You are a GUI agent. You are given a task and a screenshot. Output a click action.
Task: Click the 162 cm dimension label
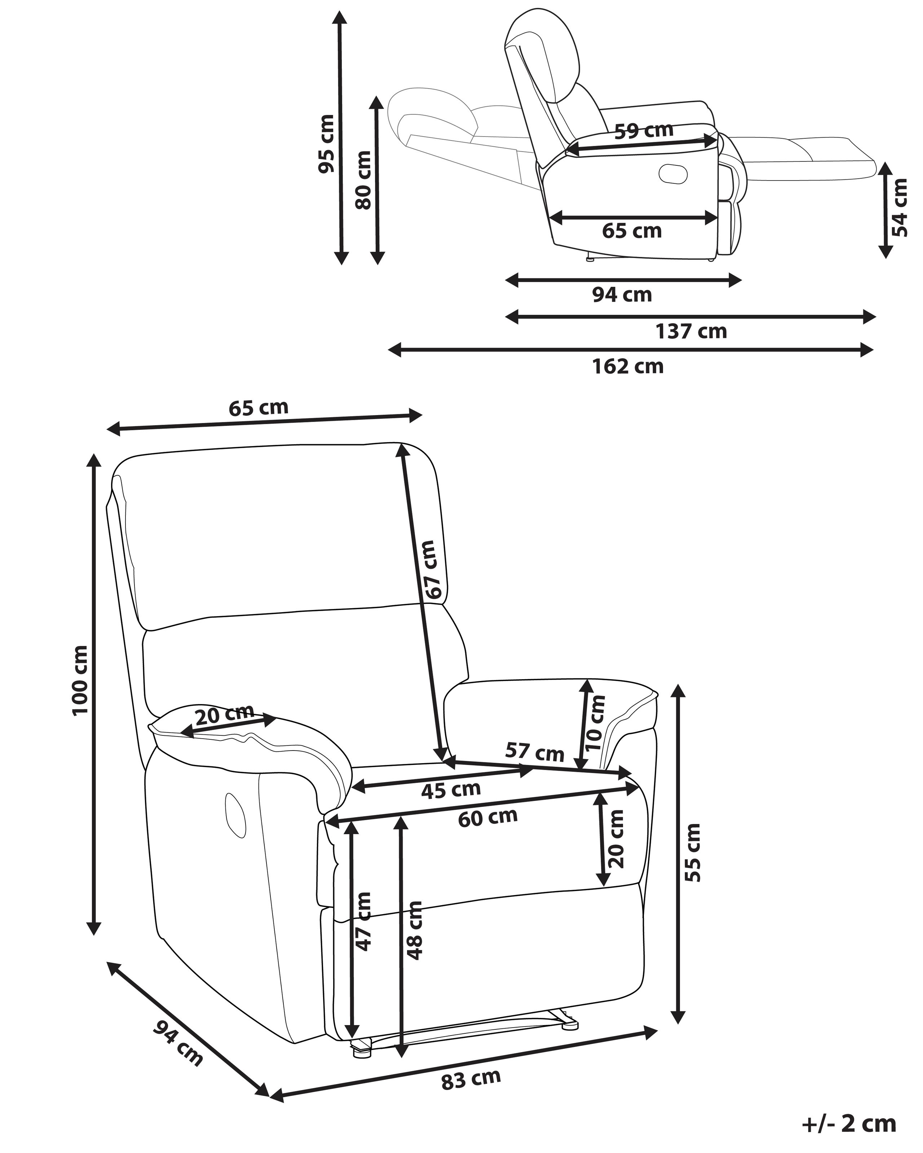[628, 367]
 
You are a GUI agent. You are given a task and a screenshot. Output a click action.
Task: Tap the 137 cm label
[691, 331]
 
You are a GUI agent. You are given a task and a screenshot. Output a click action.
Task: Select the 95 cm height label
[326, 143]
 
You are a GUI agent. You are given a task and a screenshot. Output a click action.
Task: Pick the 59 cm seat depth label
[643, 130]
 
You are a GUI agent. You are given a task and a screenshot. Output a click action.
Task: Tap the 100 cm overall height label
[80, 680]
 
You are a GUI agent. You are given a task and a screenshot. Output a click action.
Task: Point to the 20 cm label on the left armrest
[224, 716]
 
